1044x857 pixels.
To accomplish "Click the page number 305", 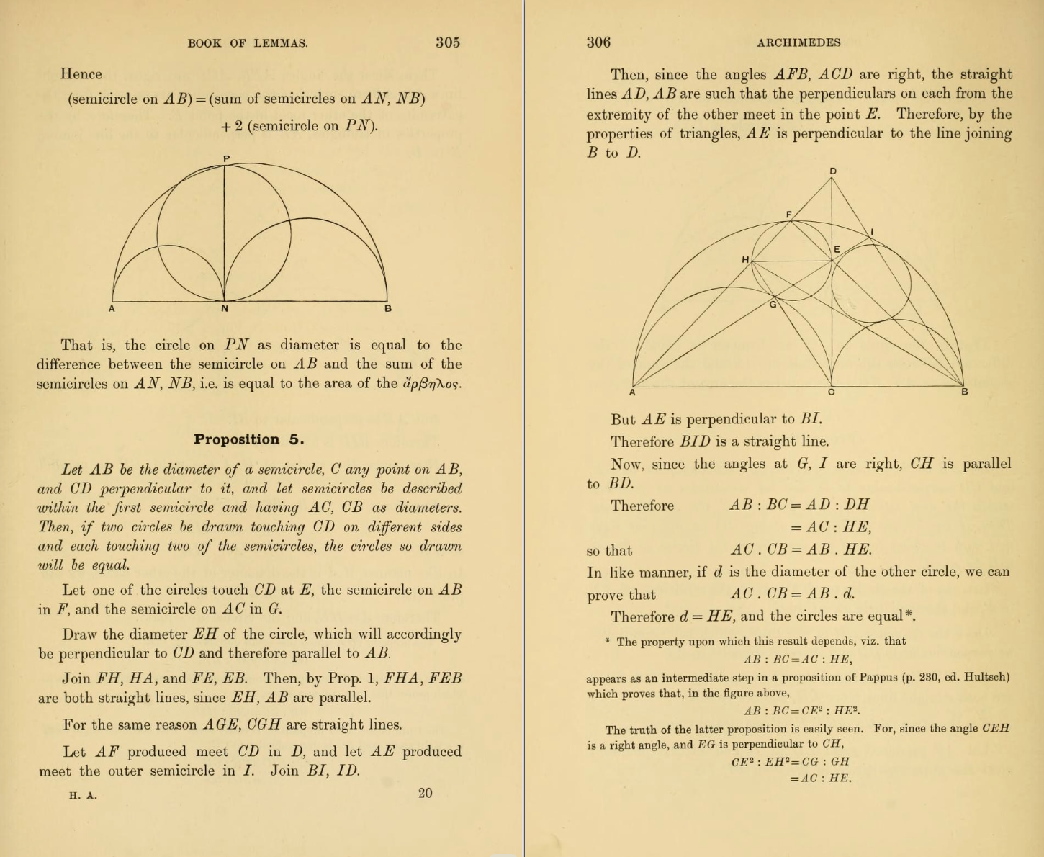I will (x=447, y=42).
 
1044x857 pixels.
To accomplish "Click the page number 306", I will (x=598, y=42).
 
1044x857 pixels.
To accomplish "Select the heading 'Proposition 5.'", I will (x=248, y=439).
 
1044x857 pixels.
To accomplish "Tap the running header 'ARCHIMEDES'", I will (x=798, y=42).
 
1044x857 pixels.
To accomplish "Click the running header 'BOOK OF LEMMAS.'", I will (x=248, y=43).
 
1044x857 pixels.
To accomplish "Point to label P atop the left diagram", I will (x=225, y=158).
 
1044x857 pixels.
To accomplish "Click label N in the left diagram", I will (x=225, y=309).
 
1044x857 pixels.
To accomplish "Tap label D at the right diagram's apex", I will (x=833, y=171).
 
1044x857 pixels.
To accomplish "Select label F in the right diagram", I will (x=788, y=215).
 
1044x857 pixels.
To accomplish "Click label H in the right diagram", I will (x=745, y=259).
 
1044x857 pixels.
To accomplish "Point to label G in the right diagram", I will (x=773, y=305).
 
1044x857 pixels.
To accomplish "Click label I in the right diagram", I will (x=872, y=232).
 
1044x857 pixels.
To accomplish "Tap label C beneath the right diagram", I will (x=832, y=392).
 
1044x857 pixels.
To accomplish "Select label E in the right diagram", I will (x=837, y=250).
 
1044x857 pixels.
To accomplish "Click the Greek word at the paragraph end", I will (x=431, y=384).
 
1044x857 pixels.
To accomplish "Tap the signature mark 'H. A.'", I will (x=83, y=796).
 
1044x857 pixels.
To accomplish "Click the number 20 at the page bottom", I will (x=425, y=793).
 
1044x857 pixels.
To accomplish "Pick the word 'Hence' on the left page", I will (x=81, y=74).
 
